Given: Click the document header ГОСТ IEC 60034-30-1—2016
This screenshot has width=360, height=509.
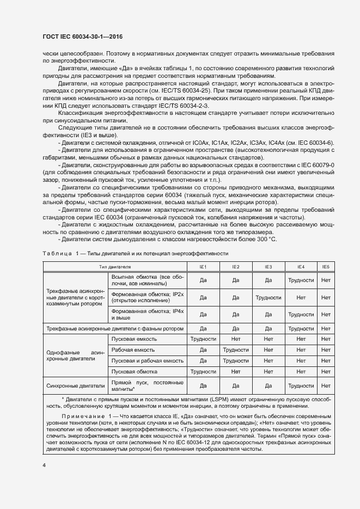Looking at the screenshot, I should pyautogui.click(x=82, y=36).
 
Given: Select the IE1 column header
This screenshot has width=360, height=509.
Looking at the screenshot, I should pyautogui.click(x=203, y=267).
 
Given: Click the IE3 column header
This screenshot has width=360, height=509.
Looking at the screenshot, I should pyautogui.click(x=268, y=267).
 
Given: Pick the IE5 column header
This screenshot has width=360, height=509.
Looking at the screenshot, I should pyautogui.click(x=326, y=267).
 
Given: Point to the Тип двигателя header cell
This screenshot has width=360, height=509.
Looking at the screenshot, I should pyautogui.click(x=115, y=267).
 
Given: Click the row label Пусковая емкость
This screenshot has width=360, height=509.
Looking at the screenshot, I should pyautogui.click(x=134, y=339).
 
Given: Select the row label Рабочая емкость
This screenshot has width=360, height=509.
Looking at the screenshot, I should pyautogui.click(x=133, y=349).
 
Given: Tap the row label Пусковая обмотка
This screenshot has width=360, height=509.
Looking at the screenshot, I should pyautogui.click(x=135, y=371).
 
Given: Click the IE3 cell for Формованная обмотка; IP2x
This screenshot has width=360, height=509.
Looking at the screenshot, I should pyautogui.click(x=268, y=298).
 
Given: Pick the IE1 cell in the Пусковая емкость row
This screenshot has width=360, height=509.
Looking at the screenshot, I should pyautogui.click(x=203, y=339).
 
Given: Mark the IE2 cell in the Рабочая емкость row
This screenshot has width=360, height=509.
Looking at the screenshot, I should pyautogui.click(x=235, y=349).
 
